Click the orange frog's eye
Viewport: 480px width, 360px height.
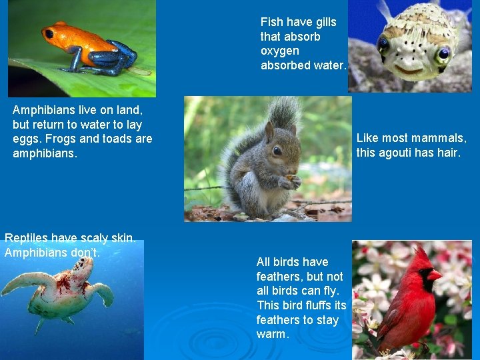49,33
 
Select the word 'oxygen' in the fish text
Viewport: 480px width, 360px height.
279,51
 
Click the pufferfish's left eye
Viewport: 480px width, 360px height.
383,44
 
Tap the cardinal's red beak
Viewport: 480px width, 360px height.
434,275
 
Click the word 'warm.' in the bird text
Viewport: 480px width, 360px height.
273,334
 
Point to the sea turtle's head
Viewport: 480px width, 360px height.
82,266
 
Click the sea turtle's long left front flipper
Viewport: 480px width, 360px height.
20,283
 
